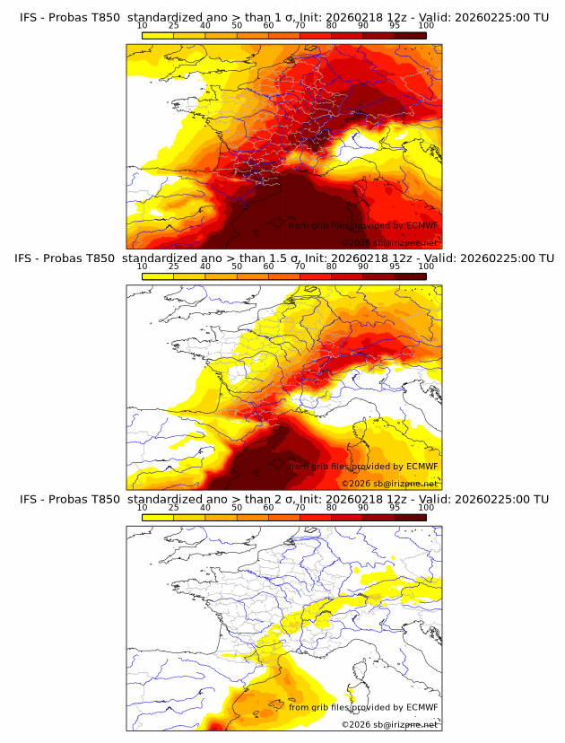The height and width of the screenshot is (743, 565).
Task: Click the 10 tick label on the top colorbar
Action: point(143,26)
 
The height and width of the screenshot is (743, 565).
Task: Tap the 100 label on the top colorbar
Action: point(426,26)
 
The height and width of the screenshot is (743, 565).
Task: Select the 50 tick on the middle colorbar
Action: point(237,267)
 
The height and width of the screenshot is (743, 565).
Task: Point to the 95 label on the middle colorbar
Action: point(395,267)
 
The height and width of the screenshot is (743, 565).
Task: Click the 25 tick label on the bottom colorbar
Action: point(174,508)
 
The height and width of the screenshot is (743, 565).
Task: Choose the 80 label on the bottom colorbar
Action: point(332,508)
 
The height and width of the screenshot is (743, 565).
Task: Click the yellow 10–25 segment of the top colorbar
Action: point(158,35)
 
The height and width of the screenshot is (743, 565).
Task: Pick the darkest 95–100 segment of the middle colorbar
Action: point(410,276)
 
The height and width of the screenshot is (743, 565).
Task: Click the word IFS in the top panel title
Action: point(30,16)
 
